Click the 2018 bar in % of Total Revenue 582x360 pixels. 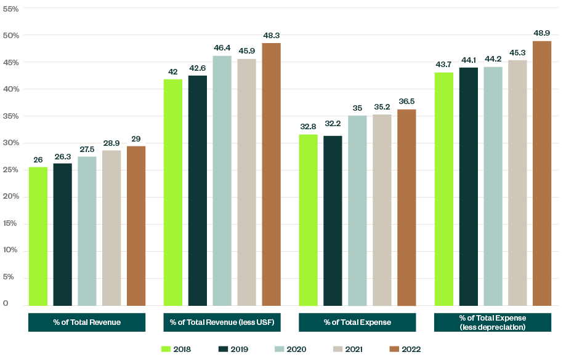point(38,237)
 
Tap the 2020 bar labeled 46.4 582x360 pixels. point(222,181)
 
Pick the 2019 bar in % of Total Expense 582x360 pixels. point(333,221)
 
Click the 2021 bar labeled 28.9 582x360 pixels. point(111,228)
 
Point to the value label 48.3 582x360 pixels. point(271,35)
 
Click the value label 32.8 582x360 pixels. point(309,127)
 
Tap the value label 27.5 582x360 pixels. point(87,149)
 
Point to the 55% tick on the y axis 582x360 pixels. point(12,9)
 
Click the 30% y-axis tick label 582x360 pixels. point(12,143)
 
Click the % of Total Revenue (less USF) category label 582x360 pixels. point(222,322)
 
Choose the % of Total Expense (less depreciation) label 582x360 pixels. point(493,322)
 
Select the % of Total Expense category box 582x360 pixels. point(357,322)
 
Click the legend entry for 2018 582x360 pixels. point(176,349)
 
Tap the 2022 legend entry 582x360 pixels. point(405,349)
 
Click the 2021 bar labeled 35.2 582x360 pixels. point(382,210)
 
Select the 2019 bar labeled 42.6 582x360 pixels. point(198,191)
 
